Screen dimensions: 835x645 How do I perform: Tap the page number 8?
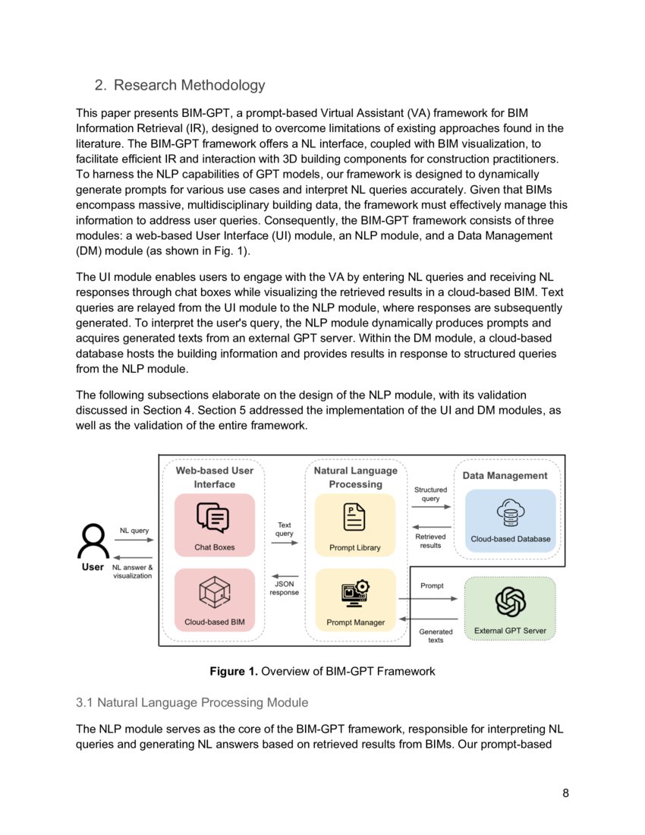pos(565,793)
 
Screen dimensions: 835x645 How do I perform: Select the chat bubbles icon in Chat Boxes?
pos(214,518)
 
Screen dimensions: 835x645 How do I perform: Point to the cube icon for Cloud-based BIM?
pos(214,592)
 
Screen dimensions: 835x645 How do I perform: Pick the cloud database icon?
pos(510,514)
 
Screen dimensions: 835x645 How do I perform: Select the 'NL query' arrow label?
pos(134,531)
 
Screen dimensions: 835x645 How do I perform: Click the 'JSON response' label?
pos(285,588)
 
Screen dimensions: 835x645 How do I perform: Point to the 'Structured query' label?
pos(430,494)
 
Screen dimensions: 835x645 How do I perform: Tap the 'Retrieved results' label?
pos(430,540)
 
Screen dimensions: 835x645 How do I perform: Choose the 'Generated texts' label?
pos(436,635)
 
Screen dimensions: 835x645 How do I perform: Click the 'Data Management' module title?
pos(505,476)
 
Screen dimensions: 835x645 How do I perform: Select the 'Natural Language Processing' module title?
pos(355,477)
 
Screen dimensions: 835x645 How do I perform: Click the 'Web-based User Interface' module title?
pos(214,477)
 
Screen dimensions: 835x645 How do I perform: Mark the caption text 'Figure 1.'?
pos(234,671)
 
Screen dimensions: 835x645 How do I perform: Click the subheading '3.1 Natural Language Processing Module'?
pos(191,702)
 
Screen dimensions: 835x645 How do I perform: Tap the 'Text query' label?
pos(285,529)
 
